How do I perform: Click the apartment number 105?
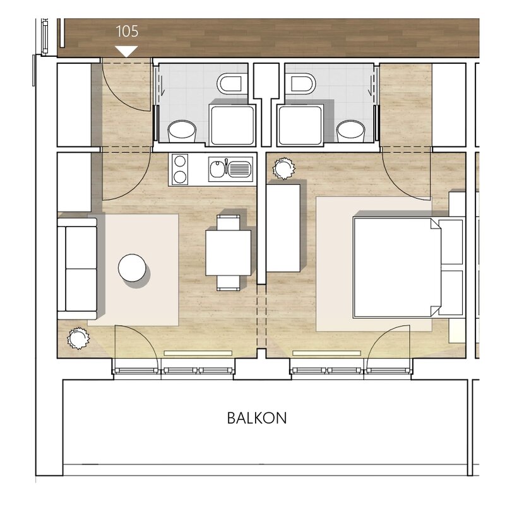coord(127,31)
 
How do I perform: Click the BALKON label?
coord(257,418)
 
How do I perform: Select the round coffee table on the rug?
coord(132,268)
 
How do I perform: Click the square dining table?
coord(229,252)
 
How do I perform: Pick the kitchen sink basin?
coord(230,169)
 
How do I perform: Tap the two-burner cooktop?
coord(180,169)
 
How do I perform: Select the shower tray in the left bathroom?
coord(232,125)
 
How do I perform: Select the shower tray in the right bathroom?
coord(300,125)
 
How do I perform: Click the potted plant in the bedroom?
coord(283,169)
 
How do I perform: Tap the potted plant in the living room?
coord(78,338)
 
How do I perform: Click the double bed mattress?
coord(397,268)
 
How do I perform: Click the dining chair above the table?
coord(229,223)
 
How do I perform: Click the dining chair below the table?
coord(229,283)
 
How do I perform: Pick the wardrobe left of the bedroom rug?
coord(283,228)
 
